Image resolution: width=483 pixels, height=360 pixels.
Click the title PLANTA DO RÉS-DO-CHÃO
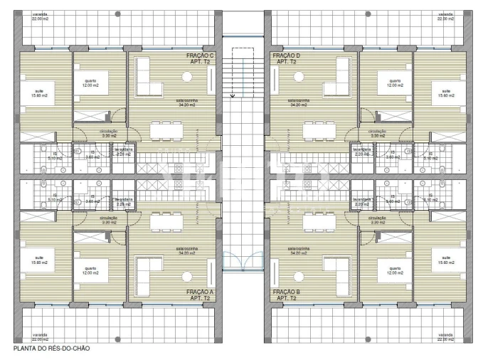(48, 349)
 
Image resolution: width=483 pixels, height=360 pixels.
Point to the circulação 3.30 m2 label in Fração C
(109, 133)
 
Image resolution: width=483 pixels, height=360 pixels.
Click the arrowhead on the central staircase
(233, 95)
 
